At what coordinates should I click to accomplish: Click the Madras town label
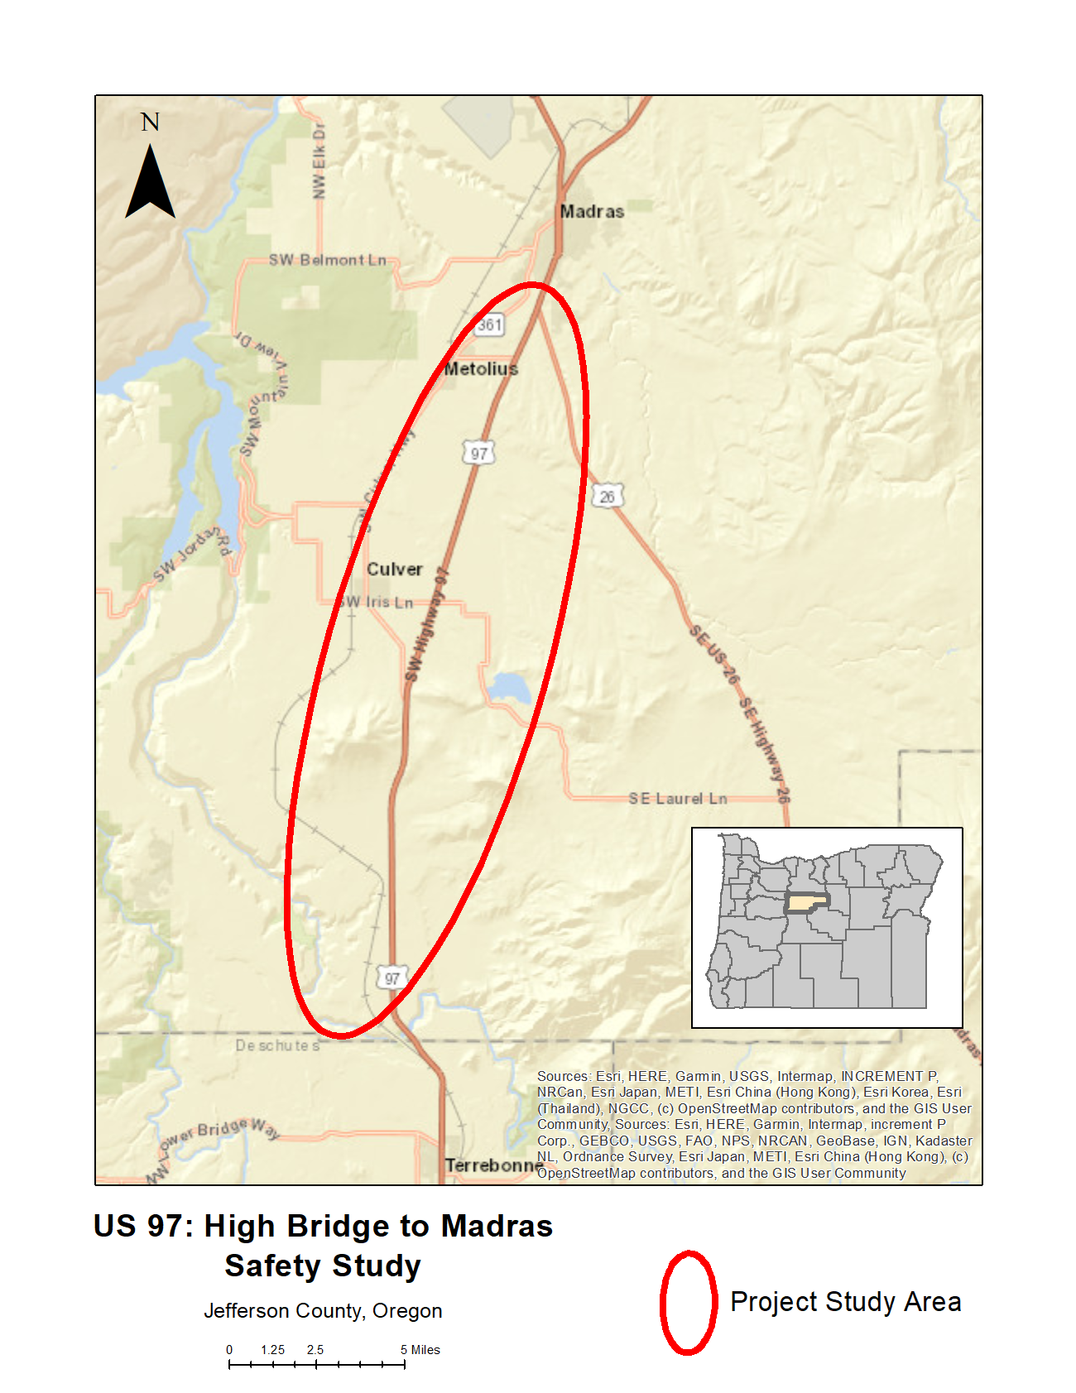tap(592, 211)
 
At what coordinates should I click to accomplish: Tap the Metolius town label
tap(481, 368)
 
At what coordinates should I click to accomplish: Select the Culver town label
tap(395, 569)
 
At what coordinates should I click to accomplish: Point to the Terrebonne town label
tap(494, 1165)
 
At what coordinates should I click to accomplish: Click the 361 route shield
tap(489, 324)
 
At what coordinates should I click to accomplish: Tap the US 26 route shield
tap(608, 496)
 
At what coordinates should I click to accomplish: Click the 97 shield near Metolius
tap(479, 453)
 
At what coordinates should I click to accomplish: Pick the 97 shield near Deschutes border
tap(391, 978)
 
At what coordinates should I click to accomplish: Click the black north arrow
tap(150, 184)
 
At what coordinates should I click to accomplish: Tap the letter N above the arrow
tap(150, 122)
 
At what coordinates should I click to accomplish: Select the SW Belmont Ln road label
tap(328, 260)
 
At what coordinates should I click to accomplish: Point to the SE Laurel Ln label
tap(677, 798)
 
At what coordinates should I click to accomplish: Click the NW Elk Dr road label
tap(319, 161)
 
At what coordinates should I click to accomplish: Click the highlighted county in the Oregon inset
tap(807, 902)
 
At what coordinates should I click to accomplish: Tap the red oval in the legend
tap(688, 1302)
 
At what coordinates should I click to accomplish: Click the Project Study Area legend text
tap(845, 1302)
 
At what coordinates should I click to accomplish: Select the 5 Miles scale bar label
tap(420, 1349)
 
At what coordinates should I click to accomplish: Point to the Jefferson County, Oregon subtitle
tap(323, 1310)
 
